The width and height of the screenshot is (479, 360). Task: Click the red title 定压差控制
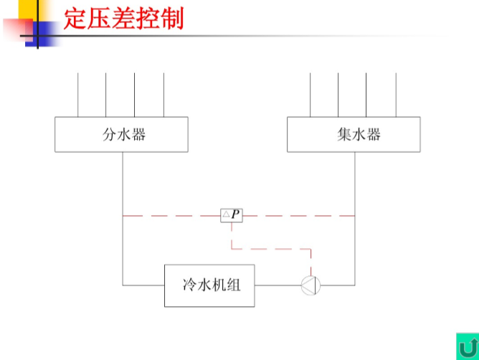(123, 19)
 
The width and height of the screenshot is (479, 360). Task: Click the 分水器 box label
(124, 135)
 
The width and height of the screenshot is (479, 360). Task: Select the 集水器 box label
(359, 135)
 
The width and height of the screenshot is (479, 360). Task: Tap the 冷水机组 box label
(212, 285)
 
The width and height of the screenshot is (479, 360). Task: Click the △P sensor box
(232, 215)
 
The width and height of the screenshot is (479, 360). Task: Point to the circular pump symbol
(310, 285)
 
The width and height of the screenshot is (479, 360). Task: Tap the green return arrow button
(468, 346)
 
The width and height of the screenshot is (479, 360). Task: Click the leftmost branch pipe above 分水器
(78, 95)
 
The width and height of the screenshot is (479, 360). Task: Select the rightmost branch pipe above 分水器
(163, 95)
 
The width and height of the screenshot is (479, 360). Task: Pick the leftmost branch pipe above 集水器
(310, 95)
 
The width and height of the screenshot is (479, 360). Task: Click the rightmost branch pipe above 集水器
(397, 95)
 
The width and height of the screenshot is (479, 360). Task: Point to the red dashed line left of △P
(171, 216)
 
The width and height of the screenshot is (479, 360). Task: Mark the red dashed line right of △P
(299, 216)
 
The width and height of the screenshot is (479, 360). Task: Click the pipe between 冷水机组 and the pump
(278, 285)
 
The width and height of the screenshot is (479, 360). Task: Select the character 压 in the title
(99, 19)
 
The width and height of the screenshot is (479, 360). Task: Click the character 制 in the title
(172, 19)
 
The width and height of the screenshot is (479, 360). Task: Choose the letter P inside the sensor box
(235, 214)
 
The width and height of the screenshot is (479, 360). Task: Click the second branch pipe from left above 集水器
(338, 95)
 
